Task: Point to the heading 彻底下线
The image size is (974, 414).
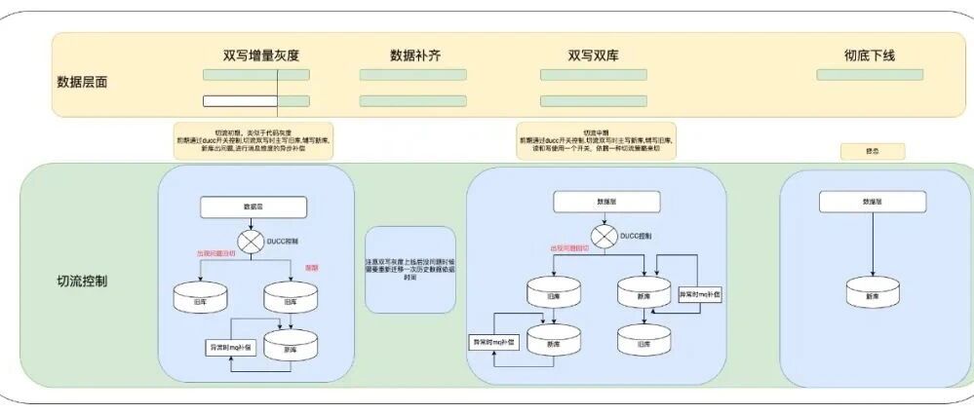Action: (x=870, y=56)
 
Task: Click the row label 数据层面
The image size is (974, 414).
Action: (x=83, y=82)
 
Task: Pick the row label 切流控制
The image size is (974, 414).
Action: (x=83, y=282)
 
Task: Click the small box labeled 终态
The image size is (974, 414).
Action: (x=873, y=151)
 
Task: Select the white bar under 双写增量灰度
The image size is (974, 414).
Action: (x=240, y=101)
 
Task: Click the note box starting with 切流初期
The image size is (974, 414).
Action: (x=253, y=140)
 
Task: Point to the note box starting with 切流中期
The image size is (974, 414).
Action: (x=596, y=140)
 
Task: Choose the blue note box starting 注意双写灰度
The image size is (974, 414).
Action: (x=410, y=270)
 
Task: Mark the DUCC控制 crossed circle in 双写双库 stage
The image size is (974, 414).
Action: (x=605, y=237)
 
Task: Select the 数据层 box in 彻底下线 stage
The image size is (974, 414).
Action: (x=872, y=202)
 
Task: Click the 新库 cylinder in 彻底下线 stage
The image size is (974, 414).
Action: (x=872, y=295)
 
